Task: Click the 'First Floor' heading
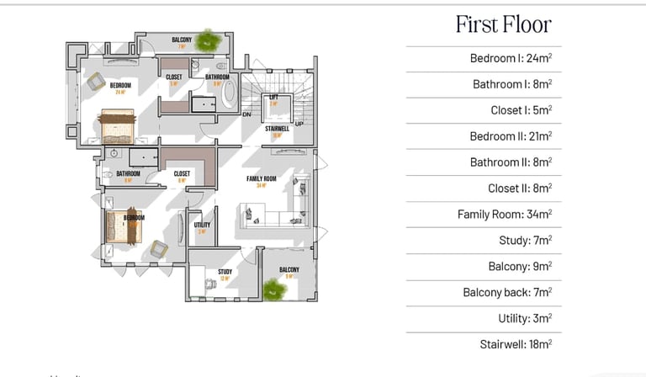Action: (503, 24)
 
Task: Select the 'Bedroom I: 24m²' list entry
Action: (511, 59)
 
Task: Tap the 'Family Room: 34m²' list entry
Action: (505, 215)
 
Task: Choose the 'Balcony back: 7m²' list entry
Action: (507, 293)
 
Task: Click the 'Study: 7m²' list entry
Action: (525, 241)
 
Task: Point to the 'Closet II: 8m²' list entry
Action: (520, 188)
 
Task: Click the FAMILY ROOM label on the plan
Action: (262, 179)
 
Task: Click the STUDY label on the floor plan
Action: (225, 272)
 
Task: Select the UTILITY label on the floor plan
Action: (202, 226)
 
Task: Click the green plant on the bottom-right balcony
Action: (273, 289)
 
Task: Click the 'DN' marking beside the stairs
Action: (246, 114)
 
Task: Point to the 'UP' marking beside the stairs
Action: (299, 124)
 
